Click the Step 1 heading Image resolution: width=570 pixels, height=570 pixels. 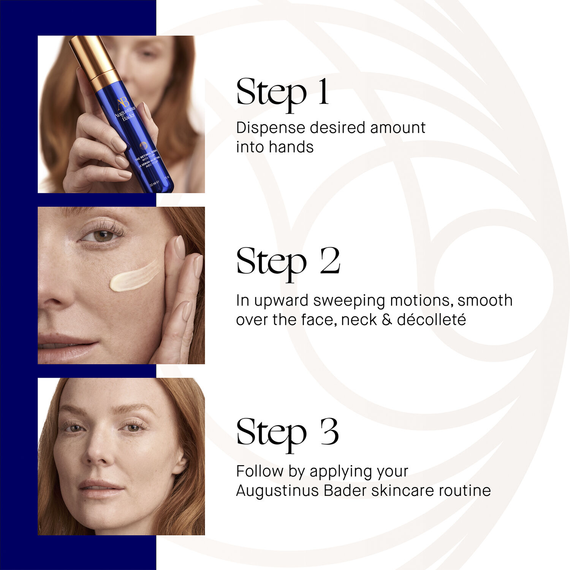point(282,92)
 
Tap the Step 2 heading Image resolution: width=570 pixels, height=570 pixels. point(288,261)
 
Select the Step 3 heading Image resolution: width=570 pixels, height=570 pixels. point(287,432)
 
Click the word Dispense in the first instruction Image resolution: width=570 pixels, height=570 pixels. point(271,128)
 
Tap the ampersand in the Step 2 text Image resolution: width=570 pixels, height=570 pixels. point(386,320)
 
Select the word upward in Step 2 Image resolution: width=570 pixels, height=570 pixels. point(282,301)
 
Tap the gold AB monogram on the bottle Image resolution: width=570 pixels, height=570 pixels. point(123,103)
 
